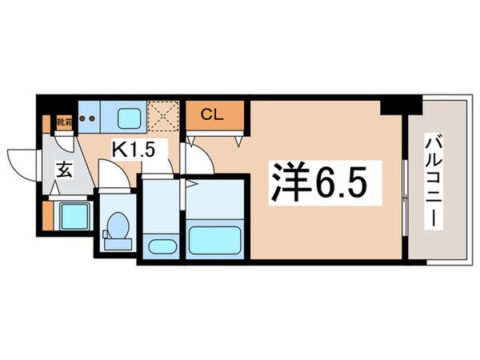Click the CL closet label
coord(211,115)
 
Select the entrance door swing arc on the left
coord(22,160)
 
